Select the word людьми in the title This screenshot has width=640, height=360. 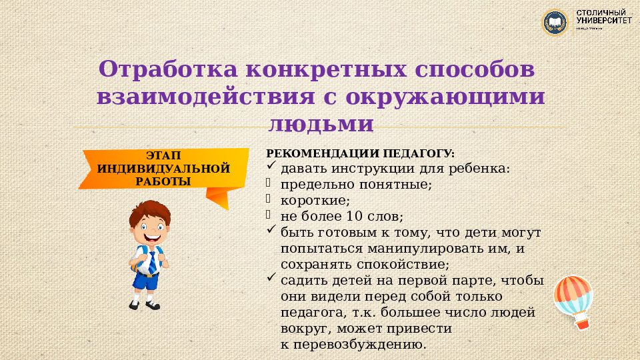(321, 124)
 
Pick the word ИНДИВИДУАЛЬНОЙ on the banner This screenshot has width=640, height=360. (163, 168)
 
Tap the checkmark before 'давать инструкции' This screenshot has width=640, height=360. (271, 167)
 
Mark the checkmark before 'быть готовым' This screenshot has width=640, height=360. (271, 231)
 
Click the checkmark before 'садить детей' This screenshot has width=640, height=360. (271, 279)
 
